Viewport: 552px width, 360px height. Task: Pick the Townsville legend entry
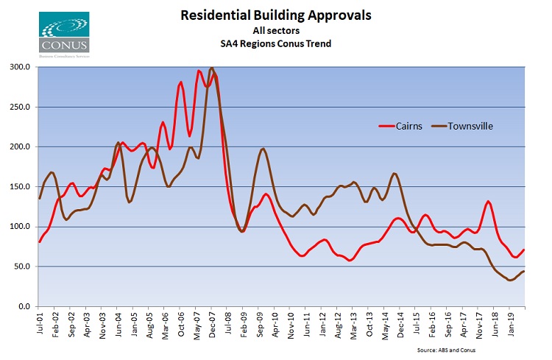(x=468, y=126)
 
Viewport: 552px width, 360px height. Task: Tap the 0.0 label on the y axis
(x=24, y=306)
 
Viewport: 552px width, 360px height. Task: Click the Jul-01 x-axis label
(x=40, y=322)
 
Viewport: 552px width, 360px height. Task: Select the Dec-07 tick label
(x=210, y=322)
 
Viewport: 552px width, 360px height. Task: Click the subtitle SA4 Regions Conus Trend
(x=275, y=43)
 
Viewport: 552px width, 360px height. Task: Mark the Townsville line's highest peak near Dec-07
(x=212, y=68)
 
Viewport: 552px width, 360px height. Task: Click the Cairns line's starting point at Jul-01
(x=39, y=241)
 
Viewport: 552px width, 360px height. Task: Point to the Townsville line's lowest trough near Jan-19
(x=510, y=280)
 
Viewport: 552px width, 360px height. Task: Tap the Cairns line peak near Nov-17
(x=488, y=201)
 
